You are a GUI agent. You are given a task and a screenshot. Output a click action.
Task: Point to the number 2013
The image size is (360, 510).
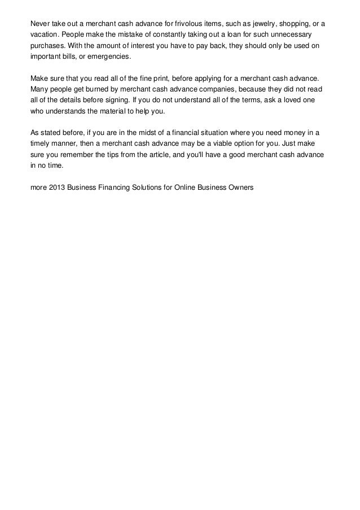[56, 186]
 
